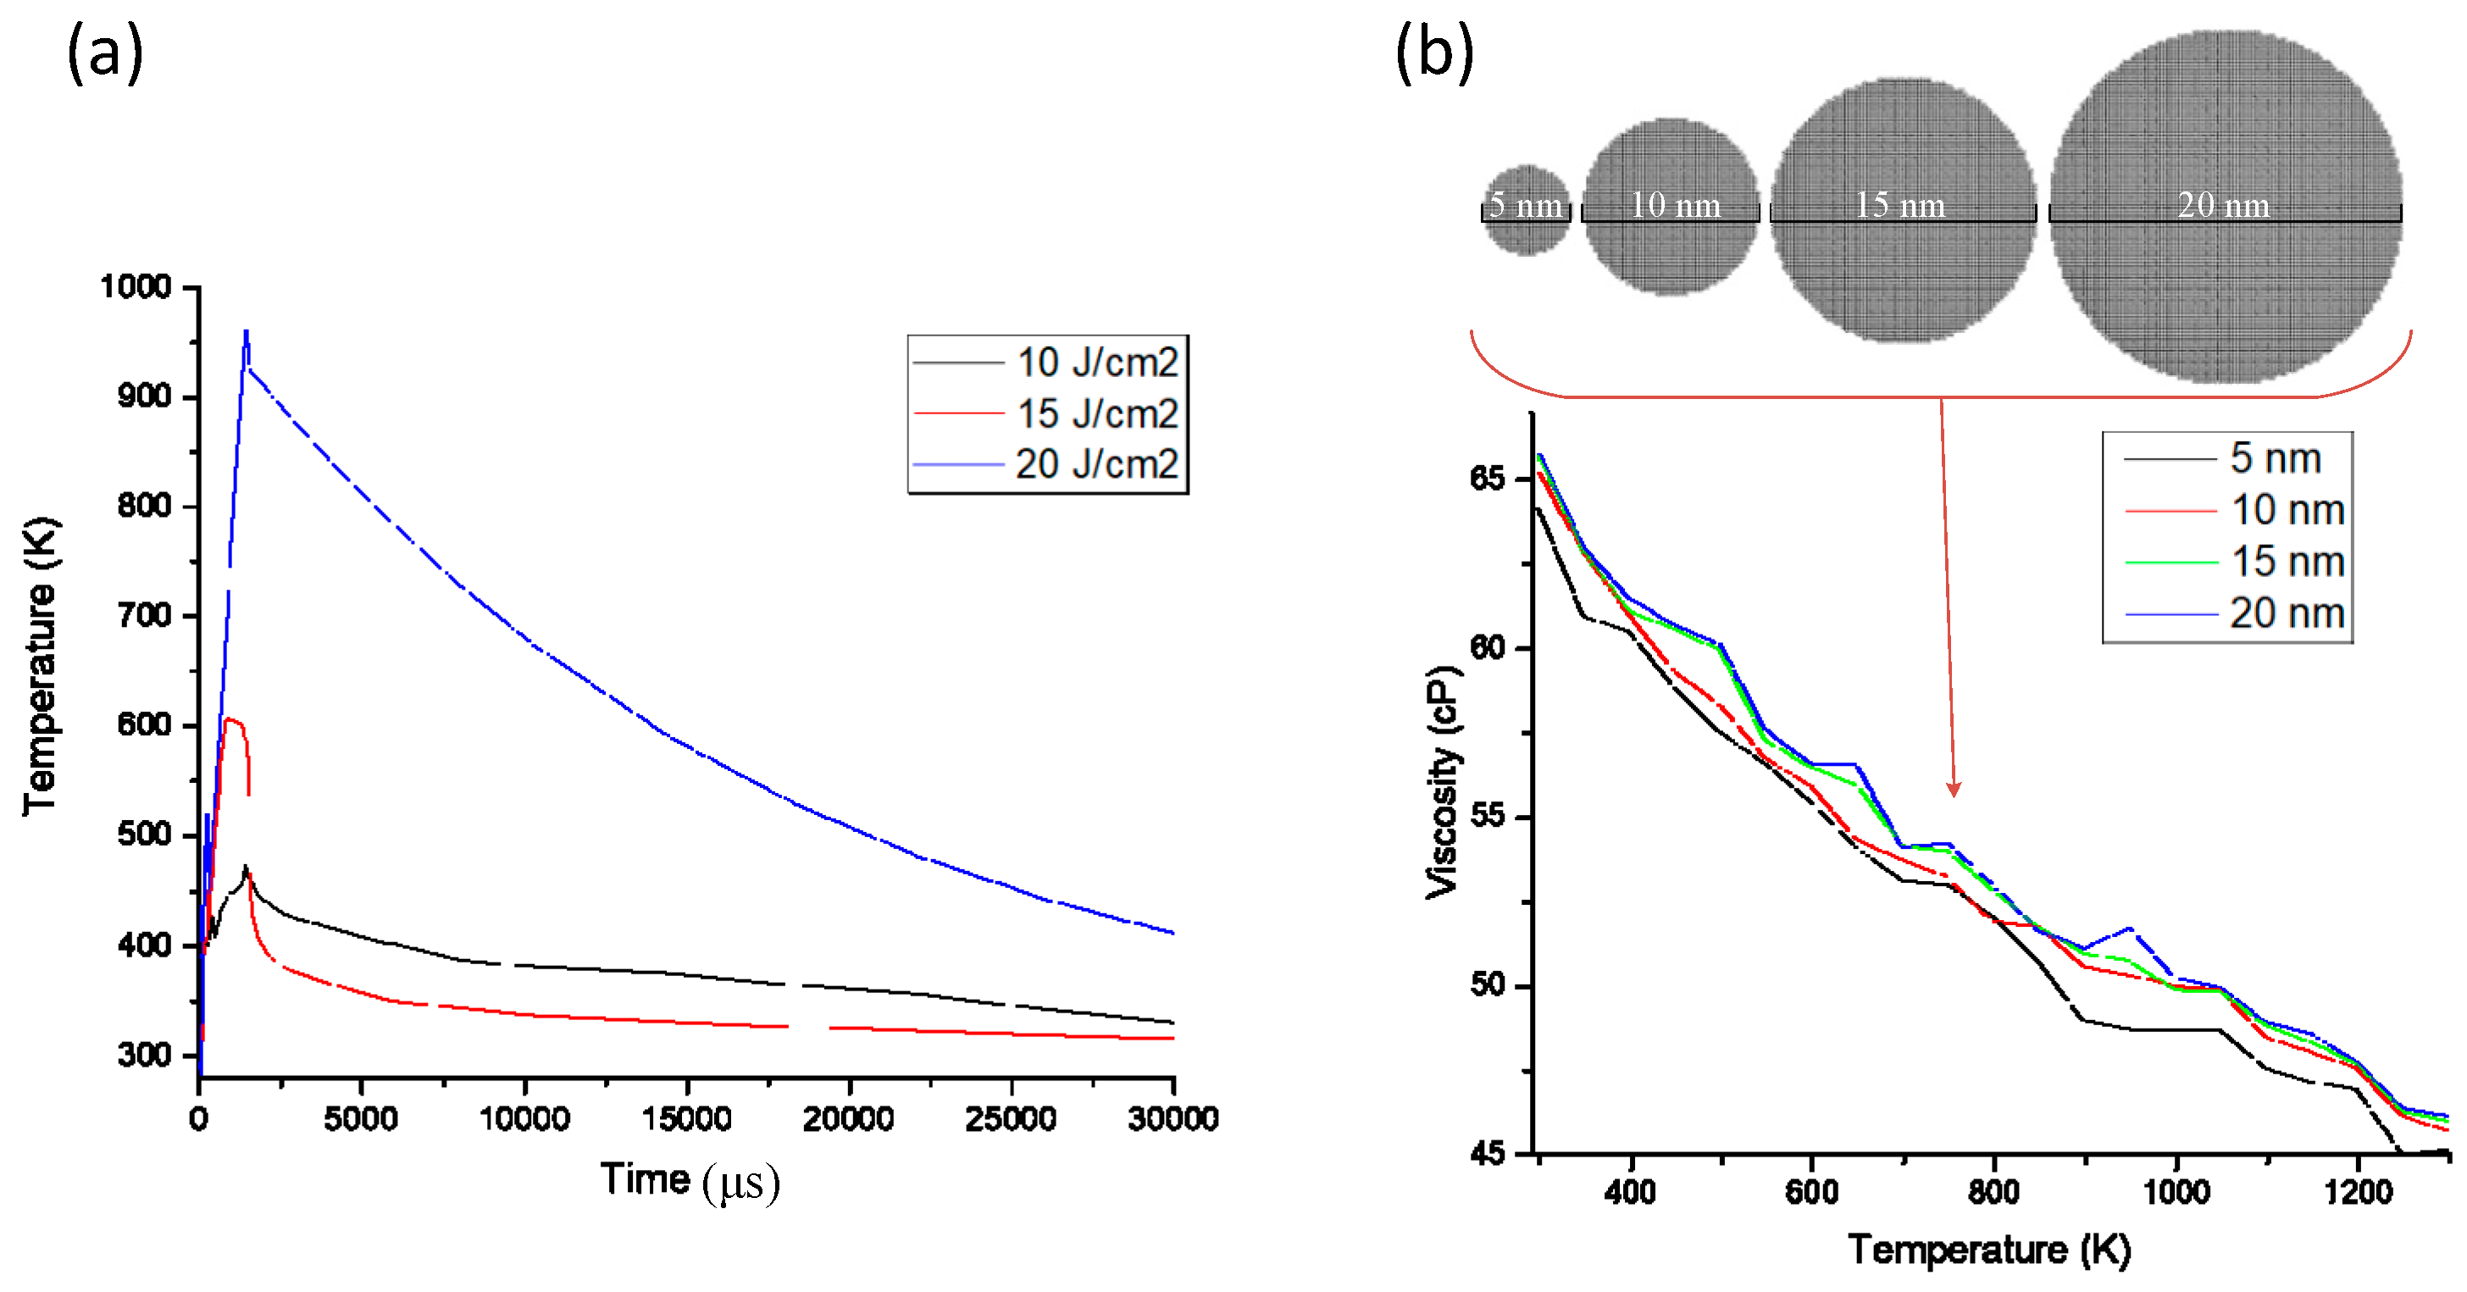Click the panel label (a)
(x=104, y=53)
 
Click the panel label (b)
(x=1433, y=53)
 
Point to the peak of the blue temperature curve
(x=247, y=332)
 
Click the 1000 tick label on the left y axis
(x=136, y=286)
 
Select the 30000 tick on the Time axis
(x=1173, y=1117)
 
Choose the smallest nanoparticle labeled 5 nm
(x=1527, y=208)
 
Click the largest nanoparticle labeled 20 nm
(x=2225, y=206)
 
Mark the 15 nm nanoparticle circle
(x=1903, y=208)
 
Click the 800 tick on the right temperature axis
(x=1994, y=1191)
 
